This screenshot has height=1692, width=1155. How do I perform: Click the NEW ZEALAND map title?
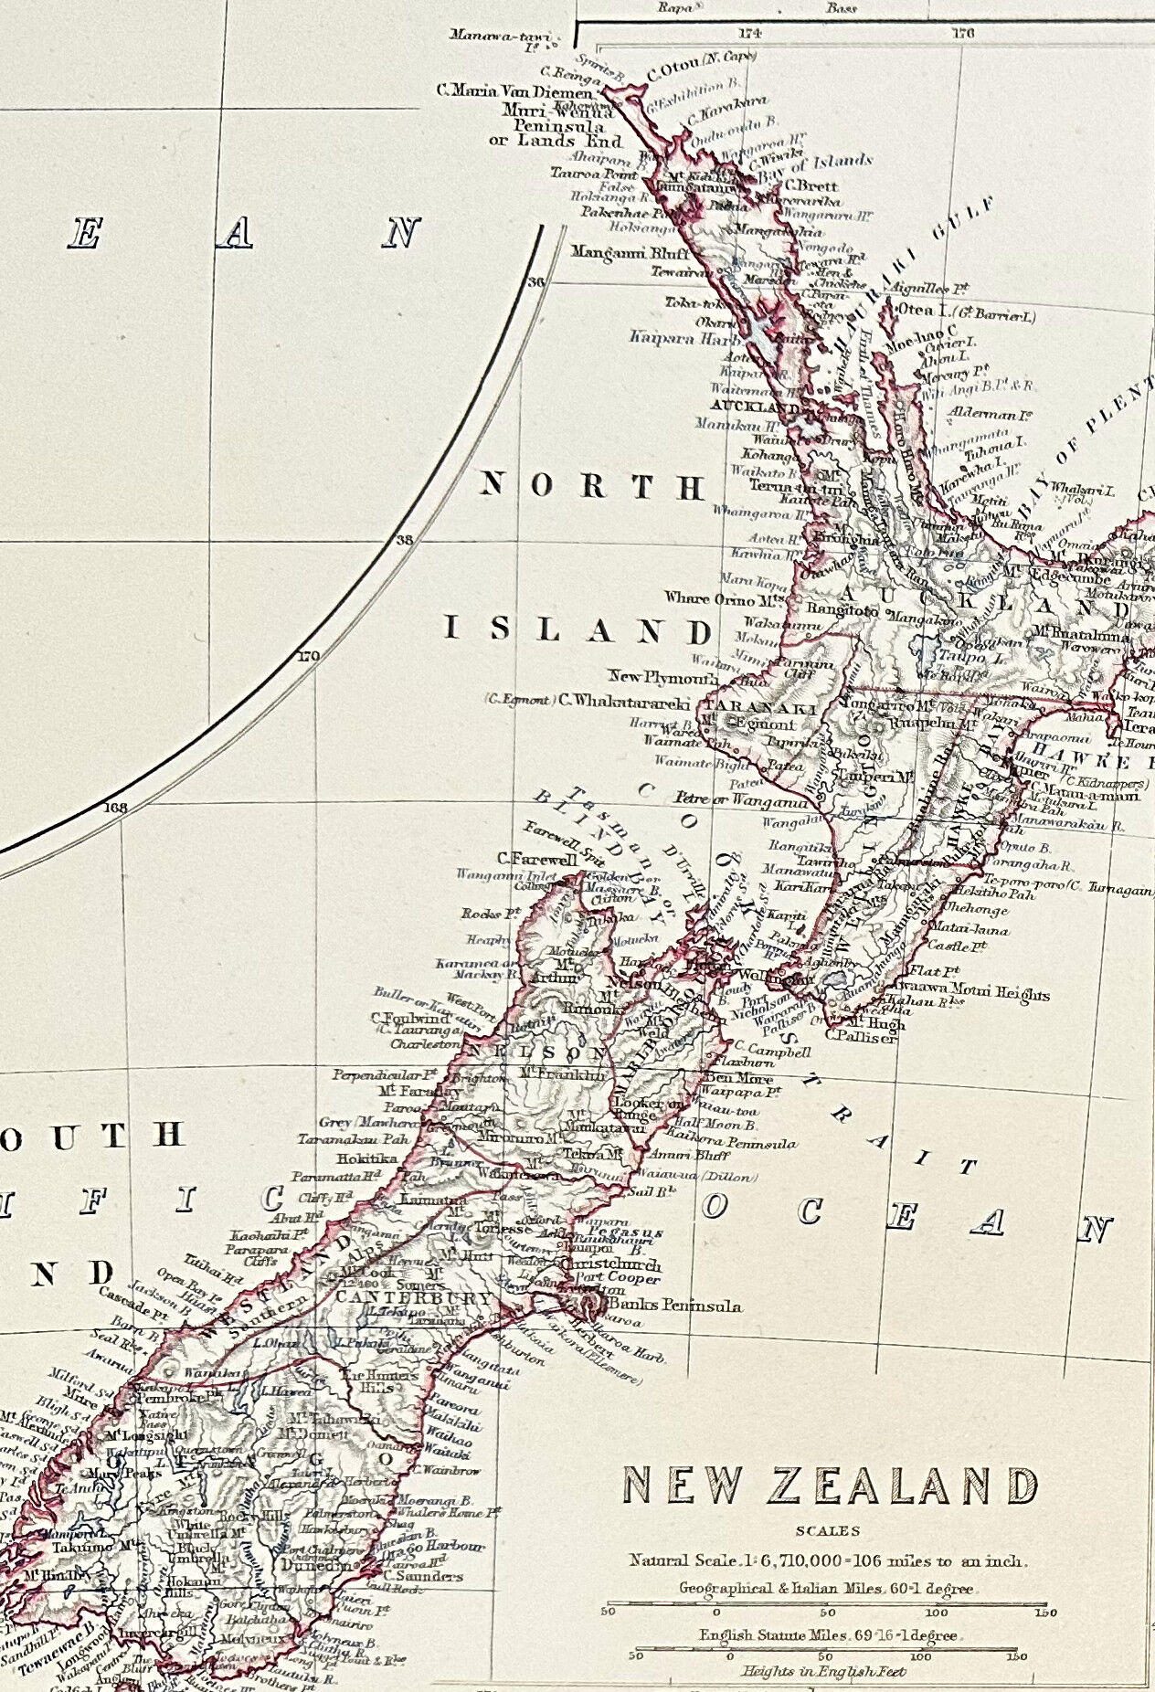coord(830,1487)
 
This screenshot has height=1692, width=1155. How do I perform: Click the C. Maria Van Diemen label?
coord(517,90)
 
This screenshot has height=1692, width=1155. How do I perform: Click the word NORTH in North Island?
coord(589,486)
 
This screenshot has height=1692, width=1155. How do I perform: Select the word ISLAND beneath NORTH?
coord(577,630)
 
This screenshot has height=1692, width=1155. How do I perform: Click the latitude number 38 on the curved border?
coord(404,540)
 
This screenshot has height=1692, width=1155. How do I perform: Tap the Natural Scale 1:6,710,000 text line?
coord(828,1560)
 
